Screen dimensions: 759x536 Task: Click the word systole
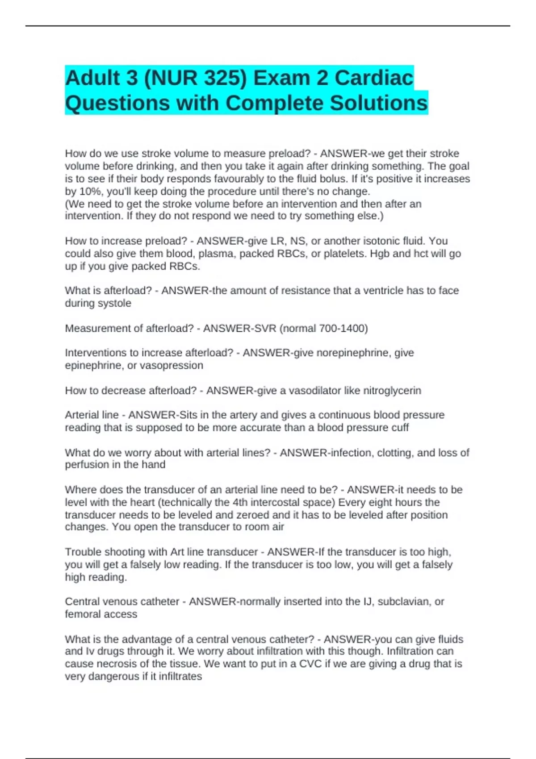coord(114,303)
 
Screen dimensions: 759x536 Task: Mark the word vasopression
coord(172,365)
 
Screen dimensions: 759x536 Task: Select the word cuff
coord(399,428)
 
